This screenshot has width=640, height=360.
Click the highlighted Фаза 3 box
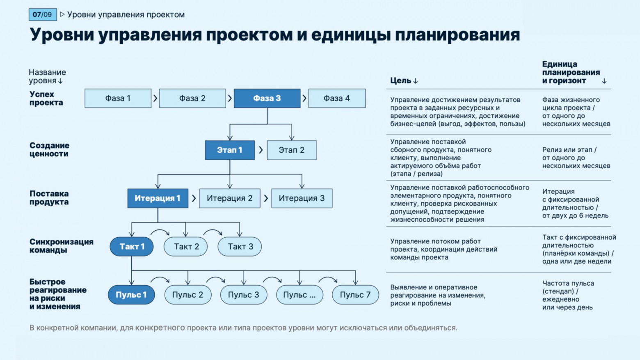point(267,99)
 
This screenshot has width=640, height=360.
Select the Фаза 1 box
point(118,99)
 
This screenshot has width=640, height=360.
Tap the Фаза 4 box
point(337,99)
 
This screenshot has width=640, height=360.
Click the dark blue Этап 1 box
point(230,150)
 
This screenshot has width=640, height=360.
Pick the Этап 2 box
point(292,150)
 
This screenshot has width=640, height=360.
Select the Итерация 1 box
point(158,198)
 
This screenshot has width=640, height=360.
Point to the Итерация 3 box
point(302,198)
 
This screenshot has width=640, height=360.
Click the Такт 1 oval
point(132,247)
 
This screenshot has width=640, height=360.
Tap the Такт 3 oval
point(240,247)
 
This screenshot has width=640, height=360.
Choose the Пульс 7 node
point(355,295)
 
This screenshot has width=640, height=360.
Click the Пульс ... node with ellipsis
point(299,295)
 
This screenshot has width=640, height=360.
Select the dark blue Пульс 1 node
point(131,295)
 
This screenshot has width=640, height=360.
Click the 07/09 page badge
point(42,14)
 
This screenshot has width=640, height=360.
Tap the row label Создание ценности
point(49,150)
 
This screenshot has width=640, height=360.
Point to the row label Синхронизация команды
point(61,246)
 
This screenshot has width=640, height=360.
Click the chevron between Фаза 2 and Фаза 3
point(230,99)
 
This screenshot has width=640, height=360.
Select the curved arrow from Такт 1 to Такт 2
point(160,233)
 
